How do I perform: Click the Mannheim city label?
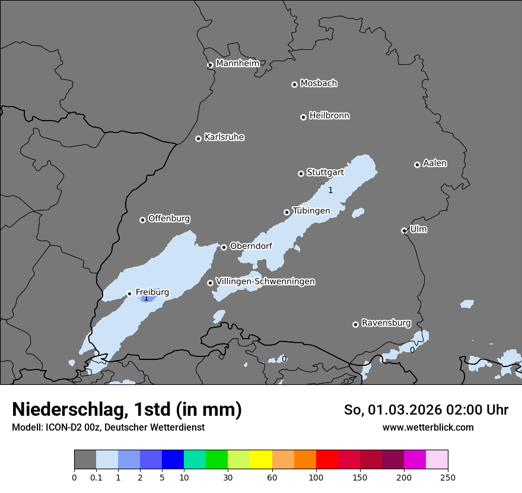click(x=237, y=64)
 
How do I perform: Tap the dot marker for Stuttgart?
click(x=301, y=173)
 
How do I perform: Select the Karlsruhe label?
click(x=224, y=137)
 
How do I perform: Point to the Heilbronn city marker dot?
click(x=303, y=117)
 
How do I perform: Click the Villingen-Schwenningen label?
click(x=265, y=282)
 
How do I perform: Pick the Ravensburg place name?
click(x=386, y=323)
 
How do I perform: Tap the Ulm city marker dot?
click(x=404, y=230)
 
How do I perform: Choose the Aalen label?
click(x=435, y=163)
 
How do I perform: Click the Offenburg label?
click(x=169, y=219)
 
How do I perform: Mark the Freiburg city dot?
click(x=129, y=293)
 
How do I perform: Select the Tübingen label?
click(x=311, y=211)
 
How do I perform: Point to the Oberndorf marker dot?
click(x=224, y=247)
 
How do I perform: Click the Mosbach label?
click(x=319, y=84)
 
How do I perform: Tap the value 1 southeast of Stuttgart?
click(x=330, y=190)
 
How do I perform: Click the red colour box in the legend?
click(x=327, y=460)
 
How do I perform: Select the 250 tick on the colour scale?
click(x=448, y=477)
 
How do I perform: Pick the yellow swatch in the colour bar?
click(x=261, y=460)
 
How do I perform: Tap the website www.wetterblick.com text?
click(x=428, y=427)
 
